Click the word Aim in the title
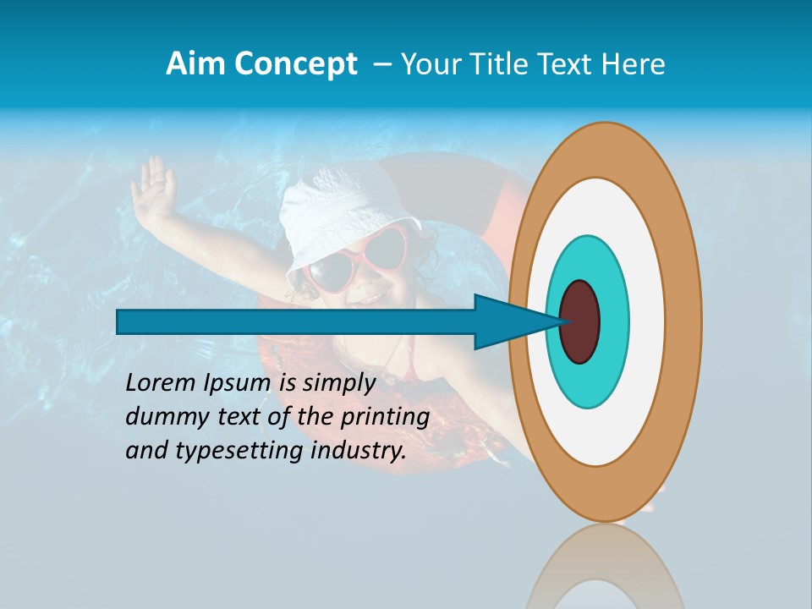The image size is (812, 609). tap(196, 64)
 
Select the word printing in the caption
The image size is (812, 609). tap(384, 417)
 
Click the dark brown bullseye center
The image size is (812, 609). tap(580, 321)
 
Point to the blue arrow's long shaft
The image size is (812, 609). tap(296, 322)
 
